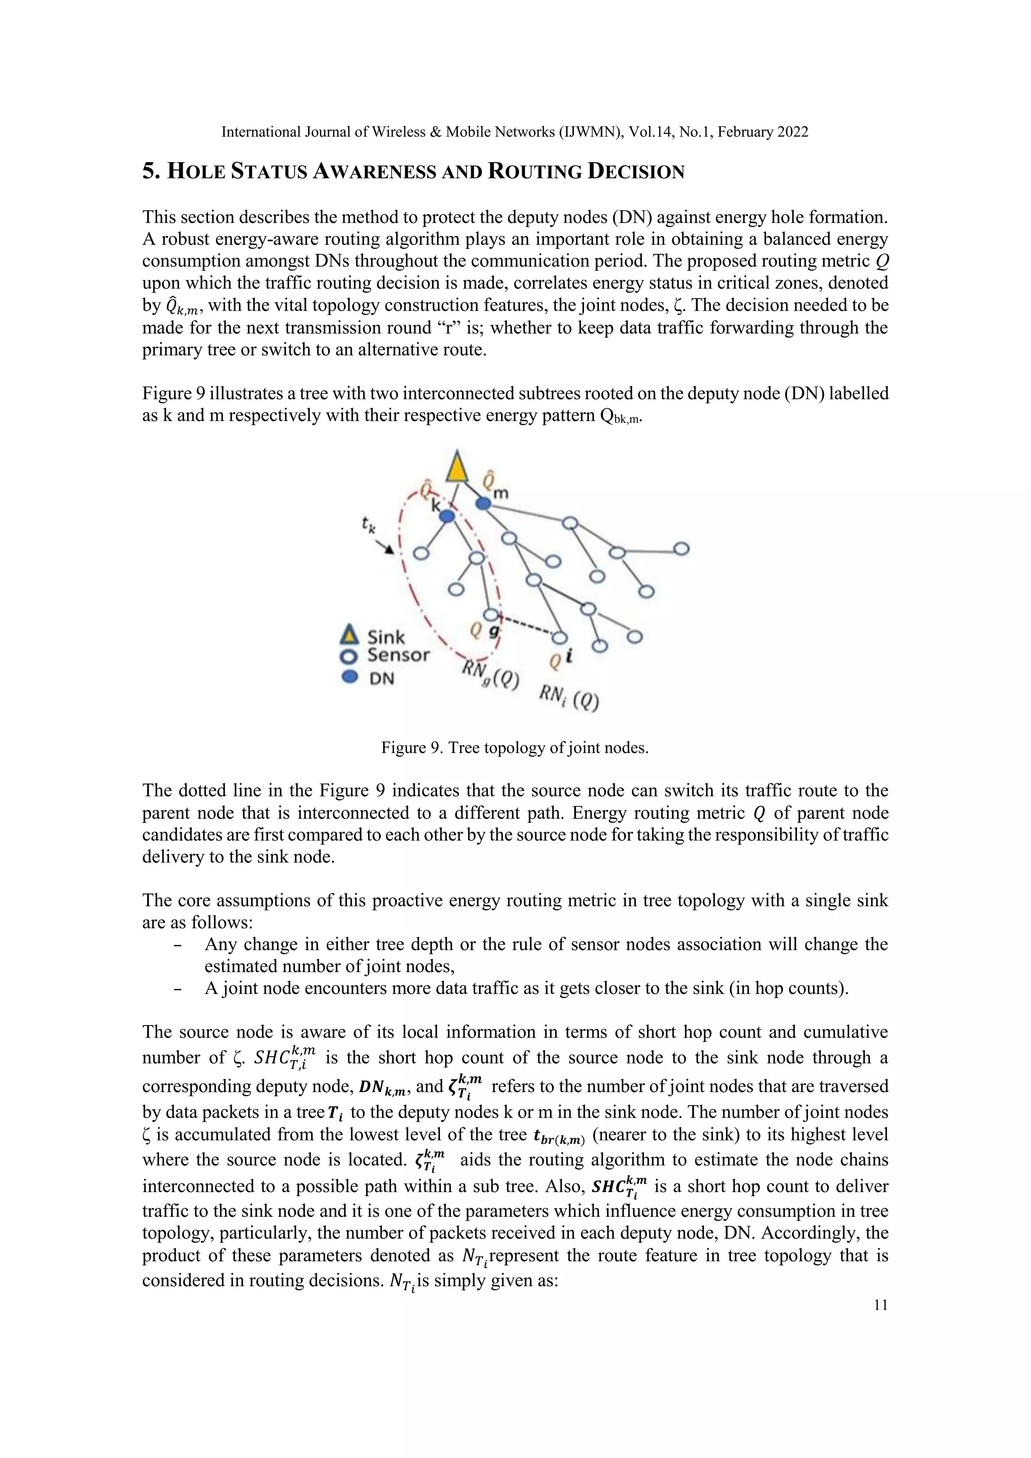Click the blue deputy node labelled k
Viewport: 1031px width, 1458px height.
tap(447, 517)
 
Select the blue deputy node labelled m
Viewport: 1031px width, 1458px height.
tap(484, 503)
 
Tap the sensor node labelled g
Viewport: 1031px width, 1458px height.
tap(490, 614)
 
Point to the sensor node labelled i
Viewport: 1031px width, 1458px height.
tap(559, 637)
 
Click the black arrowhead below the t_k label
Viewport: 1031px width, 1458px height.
tap(388, 549)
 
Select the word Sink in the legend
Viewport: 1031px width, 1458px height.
tap(386, 637)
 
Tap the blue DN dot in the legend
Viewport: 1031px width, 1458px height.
tap(348, 677)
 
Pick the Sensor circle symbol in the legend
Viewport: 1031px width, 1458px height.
tap(348, 655)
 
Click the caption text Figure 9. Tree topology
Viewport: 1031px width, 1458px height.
tap(514, 748)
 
